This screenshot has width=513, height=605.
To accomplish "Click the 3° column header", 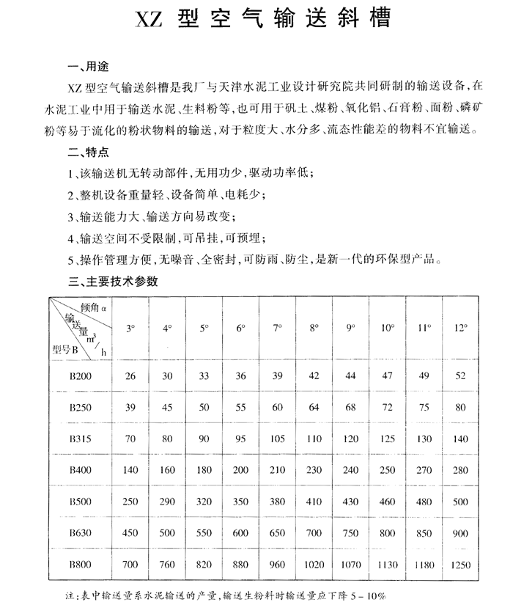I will (x=130, y=329).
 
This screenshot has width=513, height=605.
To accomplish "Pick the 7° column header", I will (x=278, y=329).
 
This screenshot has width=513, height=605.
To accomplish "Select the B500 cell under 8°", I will (x=314, y=501).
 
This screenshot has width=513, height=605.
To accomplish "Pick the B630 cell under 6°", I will (x=240, y=532).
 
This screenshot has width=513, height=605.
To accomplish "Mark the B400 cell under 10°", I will (x=388, y=469).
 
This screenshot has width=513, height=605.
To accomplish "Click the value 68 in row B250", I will (x=351, y=406).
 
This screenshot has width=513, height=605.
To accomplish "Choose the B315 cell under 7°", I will (x=278, y=438).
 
